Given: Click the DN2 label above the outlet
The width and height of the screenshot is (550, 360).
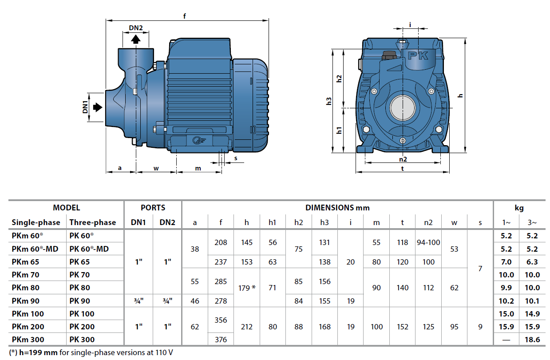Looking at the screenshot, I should [x=136, y=28].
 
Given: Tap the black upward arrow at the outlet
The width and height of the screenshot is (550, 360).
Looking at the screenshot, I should [x=136, y=39].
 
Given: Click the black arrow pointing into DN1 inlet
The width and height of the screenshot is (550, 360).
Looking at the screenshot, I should [x=97, y=107].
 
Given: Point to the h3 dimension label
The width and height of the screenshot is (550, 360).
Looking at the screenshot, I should [x=329, y=101].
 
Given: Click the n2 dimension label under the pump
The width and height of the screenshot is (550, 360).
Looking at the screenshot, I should [x=403, y=159].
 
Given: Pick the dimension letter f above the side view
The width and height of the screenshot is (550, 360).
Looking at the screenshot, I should [x=184, y=16].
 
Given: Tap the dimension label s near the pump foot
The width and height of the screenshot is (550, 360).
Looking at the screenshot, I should [x=235, y=158].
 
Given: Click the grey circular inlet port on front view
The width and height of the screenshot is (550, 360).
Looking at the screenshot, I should [x=402, y=107].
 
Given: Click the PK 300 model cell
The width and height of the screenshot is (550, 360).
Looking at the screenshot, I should [x=82, y=340].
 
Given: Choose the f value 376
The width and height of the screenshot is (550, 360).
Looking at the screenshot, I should [x=221, y=340].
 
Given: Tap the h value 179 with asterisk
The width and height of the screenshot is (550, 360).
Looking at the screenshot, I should [x=247, y=288].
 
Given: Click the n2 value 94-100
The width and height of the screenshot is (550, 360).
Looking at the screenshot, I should [x=428, y=242].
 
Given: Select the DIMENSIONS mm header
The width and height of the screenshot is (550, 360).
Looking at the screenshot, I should [x=337, y=207].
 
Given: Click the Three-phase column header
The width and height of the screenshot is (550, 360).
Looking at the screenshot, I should [x=93, y=222].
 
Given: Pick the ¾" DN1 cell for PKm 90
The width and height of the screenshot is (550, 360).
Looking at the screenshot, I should [x=139, y=301].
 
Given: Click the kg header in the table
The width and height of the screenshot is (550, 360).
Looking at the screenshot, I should [x=519, y=207].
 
